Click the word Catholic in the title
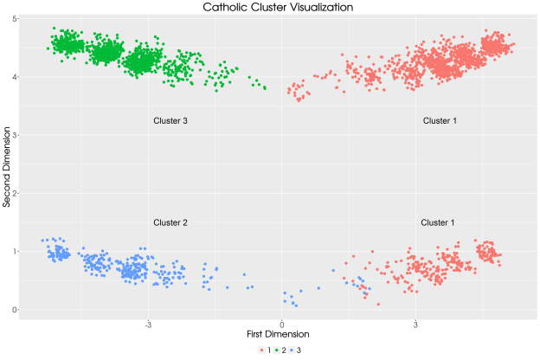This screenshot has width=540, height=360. (227, 7)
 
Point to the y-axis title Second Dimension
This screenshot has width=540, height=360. (7, 163)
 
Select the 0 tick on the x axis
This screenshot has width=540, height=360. (281, 325)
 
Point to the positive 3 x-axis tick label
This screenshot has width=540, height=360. (415, 325)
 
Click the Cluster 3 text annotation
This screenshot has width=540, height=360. (170, 121)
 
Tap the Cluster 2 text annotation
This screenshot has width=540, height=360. (170, 222)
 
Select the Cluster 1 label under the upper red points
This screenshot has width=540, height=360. (440, 121)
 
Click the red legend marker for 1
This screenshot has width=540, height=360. (260, 349)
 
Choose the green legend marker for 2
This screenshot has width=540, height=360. (279, 349)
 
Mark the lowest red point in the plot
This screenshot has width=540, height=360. (378, 304)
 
